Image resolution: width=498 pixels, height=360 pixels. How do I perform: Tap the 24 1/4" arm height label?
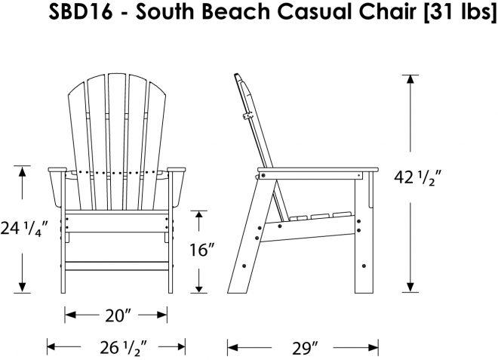[24, 228]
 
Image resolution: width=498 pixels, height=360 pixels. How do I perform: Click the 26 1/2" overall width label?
[124, 348]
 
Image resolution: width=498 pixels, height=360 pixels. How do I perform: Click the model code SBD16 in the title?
[80, 12]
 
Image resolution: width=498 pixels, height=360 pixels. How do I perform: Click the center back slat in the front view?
[118, 141]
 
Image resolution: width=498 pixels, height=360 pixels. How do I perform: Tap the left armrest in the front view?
[57, 170]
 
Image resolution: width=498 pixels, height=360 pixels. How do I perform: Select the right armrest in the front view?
[177, 170]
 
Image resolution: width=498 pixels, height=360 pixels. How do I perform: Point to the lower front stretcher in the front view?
[117, 266]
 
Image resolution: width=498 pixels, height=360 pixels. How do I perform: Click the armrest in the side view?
[318, 170]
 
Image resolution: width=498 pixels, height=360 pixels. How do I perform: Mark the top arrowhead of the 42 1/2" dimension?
[410, 79]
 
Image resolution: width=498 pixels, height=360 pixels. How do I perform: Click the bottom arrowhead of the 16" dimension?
[198, 288]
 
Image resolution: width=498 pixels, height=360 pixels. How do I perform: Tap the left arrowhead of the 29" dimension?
[233, 348]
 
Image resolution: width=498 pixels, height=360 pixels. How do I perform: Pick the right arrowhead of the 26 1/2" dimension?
[180, 347]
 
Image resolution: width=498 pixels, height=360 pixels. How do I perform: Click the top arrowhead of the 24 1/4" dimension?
[22, 171]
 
